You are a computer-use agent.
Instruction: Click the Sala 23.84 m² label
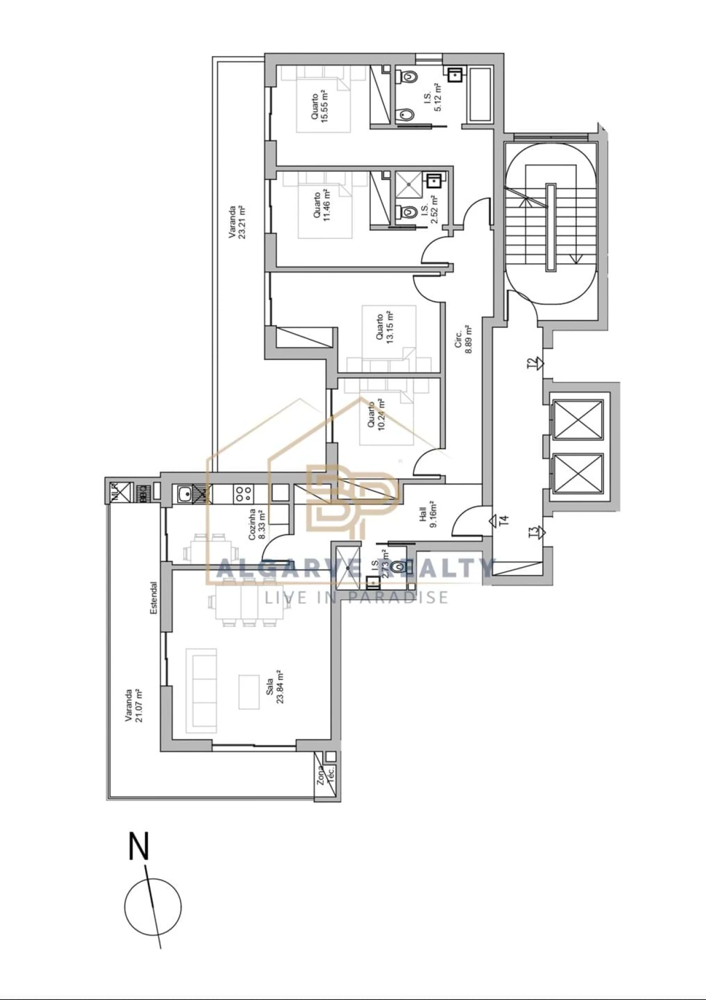click(x=275, y=687)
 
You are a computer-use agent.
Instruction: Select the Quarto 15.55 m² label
click(x=319, y=106)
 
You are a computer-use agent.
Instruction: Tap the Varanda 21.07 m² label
click(x=133, y=705)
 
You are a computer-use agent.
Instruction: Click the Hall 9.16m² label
click(x=428, y=515)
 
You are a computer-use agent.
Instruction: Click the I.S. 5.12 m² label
click(x=432, y=97)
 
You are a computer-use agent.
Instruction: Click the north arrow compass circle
click(x=153, y=907)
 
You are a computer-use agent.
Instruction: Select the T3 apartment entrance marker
click(x=535, y=532)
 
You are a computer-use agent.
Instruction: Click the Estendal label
click(x=154, y=597)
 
